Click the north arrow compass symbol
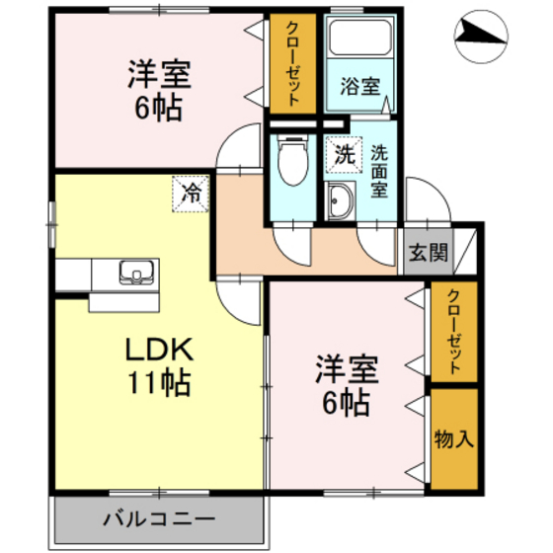(481, 37)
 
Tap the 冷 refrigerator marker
(191, 192)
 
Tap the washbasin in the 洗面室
(341, 202)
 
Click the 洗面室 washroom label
(379, 173)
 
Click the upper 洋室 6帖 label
(158, 91)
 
